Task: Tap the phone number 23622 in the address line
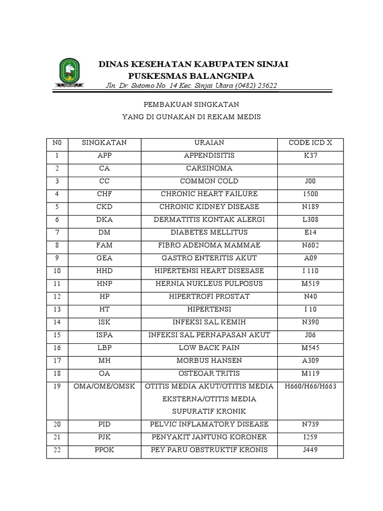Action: coord(266,86)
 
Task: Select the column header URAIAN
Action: coord(209,143)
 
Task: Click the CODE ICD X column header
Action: coord(310,143)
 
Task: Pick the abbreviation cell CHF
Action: coord(105,194)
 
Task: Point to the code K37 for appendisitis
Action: coord(310,156)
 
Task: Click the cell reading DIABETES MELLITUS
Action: coord(209,233)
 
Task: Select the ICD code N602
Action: coord(310,246)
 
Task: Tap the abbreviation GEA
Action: coord(105,258)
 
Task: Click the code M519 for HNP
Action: coord(310,284)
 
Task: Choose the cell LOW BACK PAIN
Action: coord(209,348)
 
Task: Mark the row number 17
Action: coord(57,361)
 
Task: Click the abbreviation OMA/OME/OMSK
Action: coord(105,387)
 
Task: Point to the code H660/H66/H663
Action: coord(310,387)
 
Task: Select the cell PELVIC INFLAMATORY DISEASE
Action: coord(209,425)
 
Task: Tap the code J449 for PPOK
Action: coord(310,450)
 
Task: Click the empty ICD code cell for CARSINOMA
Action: coord(310,169)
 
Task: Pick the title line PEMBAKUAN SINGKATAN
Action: coord(191,105)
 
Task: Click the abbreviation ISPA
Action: coord(105,335)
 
